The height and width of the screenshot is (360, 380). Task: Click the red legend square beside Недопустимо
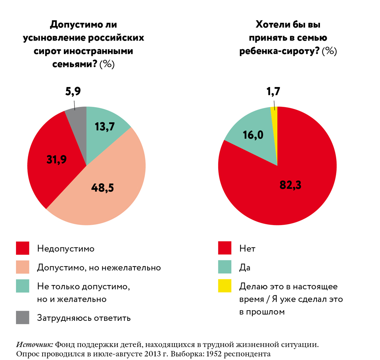(x=22, y=248)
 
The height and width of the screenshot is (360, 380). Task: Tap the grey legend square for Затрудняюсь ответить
(x=22, y=317)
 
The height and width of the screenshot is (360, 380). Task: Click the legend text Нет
(x=247, y=249)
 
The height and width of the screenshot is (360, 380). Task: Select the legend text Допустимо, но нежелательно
(x=99, y=268)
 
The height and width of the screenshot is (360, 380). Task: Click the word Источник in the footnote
(x=35, y=345)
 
